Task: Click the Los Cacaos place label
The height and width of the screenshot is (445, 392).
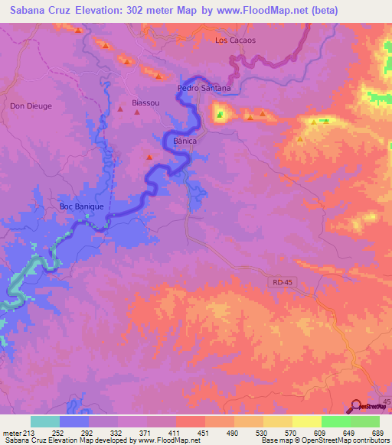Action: pyautogui.click(x=235, y=40)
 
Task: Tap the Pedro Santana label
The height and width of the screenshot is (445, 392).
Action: pyautogui.click(x=204, y=88)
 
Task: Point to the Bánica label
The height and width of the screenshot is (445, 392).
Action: pyautogui.click(x=186, y=141)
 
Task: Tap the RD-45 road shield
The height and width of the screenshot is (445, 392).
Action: pyautogui.click(x=282, y=283)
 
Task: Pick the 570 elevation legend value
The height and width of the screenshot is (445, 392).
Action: pyautogui.click(x=292, y=434)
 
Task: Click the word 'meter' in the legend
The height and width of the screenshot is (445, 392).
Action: pyautogui.click(x=11, y=434)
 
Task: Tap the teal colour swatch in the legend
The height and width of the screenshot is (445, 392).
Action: pyautogui.click(x=45, y=421)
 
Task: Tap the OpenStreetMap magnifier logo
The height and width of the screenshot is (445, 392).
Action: pyautogui.click(x=357, y=406)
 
